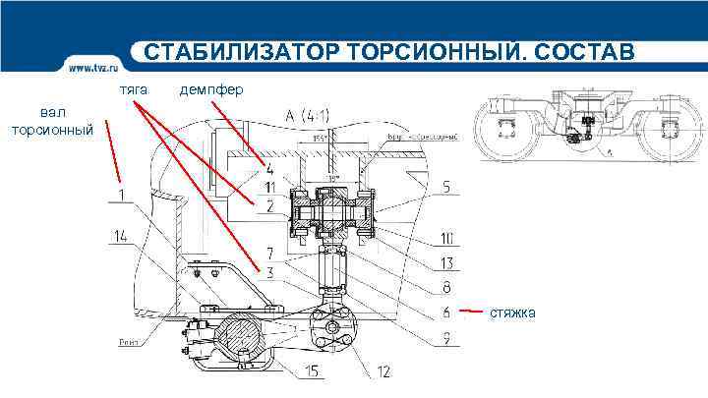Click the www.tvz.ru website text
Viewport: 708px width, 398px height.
(95, 68)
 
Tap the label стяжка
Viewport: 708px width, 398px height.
(515, 313)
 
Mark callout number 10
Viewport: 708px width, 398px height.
(446, 237)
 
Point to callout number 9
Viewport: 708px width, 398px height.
(446, 339)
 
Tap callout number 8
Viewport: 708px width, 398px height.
(446, 288)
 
